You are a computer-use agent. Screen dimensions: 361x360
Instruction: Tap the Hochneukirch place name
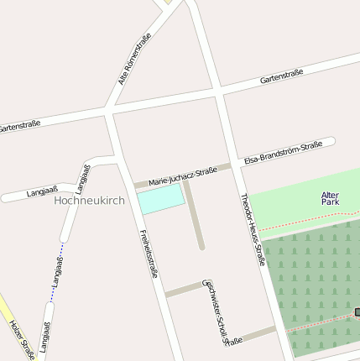(88, 201)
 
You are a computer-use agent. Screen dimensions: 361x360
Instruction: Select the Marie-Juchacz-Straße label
(182, 175)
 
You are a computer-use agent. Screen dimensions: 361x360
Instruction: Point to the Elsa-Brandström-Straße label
(283, 152)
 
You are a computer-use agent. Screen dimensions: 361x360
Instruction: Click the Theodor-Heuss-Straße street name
(253, 229)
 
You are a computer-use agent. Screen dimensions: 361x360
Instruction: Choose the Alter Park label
(330, 199)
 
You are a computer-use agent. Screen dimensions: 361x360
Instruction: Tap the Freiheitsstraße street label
(149, 253)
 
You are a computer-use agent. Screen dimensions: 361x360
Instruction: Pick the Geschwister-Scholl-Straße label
(216, 311)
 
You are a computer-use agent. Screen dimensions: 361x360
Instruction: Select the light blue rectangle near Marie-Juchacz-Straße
(160, 199)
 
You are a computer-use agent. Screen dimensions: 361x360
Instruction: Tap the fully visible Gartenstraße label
(281, 77)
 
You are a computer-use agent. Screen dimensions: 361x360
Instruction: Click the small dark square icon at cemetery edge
(357, 312)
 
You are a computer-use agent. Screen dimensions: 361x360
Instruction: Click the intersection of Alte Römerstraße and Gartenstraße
(107, 110)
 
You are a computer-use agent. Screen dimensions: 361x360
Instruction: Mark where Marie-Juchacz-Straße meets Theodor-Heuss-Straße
(234, 165)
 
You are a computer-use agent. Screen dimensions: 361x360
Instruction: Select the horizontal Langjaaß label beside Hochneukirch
(42, 192)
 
